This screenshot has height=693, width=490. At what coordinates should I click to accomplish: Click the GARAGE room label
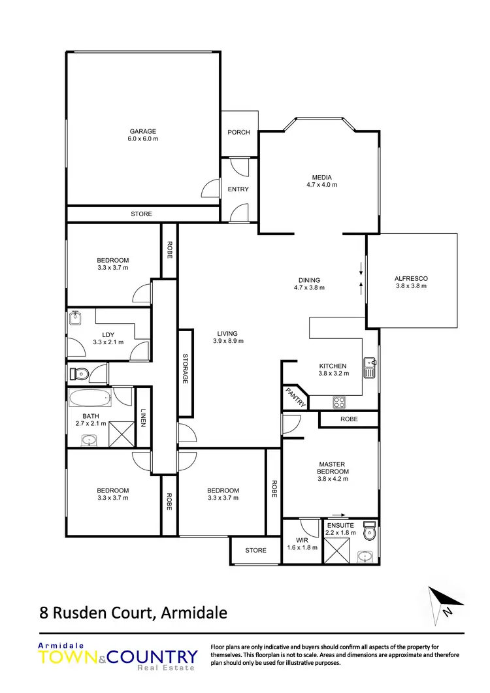(x=142, y=131)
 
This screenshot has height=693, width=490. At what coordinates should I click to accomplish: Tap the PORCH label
(x=238, y=133)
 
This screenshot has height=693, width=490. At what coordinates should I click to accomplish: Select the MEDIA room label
(x=321, y=177)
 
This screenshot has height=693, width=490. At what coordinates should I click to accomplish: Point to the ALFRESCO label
(x=411, y=278)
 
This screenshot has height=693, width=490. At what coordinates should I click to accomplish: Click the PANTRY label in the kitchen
(x=295, y=397)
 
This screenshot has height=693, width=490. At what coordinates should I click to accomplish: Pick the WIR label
(x=302, y=540)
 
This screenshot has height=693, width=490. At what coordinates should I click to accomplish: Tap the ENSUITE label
(x=341, y=525)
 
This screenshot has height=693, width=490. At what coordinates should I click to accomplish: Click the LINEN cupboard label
(x=144, y=418)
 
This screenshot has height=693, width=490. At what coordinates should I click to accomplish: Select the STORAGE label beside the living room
(x=186, y=370)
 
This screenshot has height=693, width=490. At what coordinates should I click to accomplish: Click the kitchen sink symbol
(x=370, y=368)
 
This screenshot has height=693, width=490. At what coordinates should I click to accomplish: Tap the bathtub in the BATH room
(x=90, y=398)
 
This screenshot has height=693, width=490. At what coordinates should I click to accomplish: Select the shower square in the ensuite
(x=338, y=553)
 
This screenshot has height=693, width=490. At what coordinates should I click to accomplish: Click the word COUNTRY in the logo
(x=156, y=656)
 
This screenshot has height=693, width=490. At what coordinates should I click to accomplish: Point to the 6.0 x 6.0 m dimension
(x=142, y=139)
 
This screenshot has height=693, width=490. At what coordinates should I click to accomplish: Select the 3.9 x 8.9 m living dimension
(x=227, y=340)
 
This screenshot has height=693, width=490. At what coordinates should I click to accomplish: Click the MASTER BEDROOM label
(x=333, y=468)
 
